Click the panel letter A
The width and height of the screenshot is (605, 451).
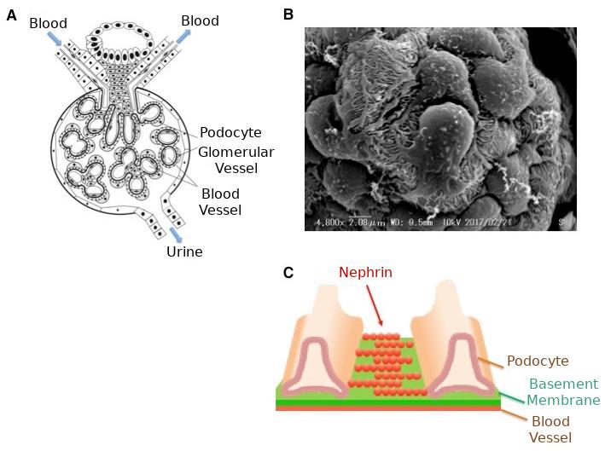11,14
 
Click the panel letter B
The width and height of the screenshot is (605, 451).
288,14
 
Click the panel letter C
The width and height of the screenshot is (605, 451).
288,273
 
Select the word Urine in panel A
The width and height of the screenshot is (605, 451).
184,252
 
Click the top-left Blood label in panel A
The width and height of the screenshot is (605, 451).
48,22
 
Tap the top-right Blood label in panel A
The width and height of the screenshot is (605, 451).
200,20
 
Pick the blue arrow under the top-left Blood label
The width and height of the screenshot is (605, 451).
54,39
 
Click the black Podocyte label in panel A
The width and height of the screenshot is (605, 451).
230,133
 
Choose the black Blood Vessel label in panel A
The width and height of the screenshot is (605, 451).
220,201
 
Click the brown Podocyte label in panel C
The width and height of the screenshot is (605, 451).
538,361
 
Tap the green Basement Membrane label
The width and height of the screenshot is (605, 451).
562,391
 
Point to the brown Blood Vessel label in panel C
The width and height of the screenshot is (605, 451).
550,430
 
